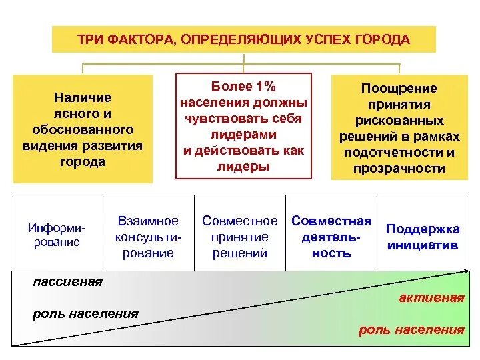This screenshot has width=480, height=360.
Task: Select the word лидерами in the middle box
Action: coord(243,134)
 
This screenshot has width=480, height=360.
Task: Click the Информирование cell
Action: coord(57,234)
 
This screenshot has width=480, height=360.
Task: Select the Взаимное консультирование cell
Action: coord(148,237)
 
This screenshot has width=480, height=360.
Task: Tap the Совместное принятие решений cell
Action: coord(239,237)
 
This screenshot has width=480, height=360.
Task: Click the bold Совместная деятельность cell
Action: coord(331,237)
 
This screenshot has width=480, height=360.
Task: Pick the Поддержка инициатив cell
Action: coord(423,237)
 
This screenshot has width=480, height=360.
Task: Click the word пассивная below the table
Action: coord(67,282)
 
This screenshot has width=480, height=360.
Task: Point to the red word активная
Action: coord(431,298)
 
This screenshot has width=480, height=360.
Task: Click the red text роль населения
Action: coord(411,329)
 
